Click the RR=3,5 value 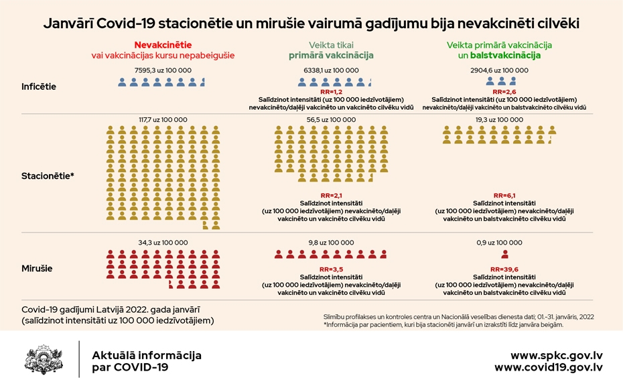tap(331, 269)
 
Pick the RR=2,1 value tap(331, 195)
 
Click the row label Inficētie tap(39, 86)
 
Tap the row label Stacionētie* tap(48, 176)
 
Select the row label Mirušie tap(37, 268)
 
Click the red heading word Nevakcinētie tap(163, 45)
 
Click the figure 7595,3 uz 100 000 tap(163, 70)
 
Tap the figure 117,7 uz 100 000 tap(163, 119)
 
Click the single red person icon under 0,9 tap(504, 255)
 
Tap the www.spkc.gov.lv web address tap(556, 355)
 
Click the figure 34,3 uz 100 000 tap(163, 243)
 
